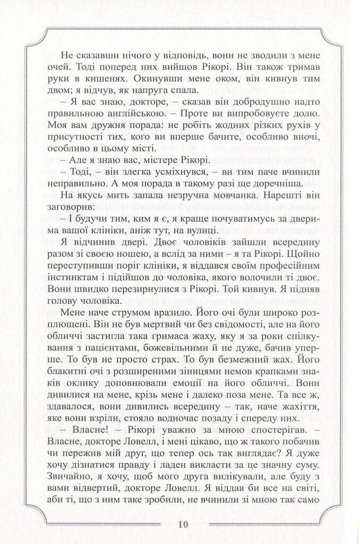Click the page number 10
[x=180, y=524]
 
